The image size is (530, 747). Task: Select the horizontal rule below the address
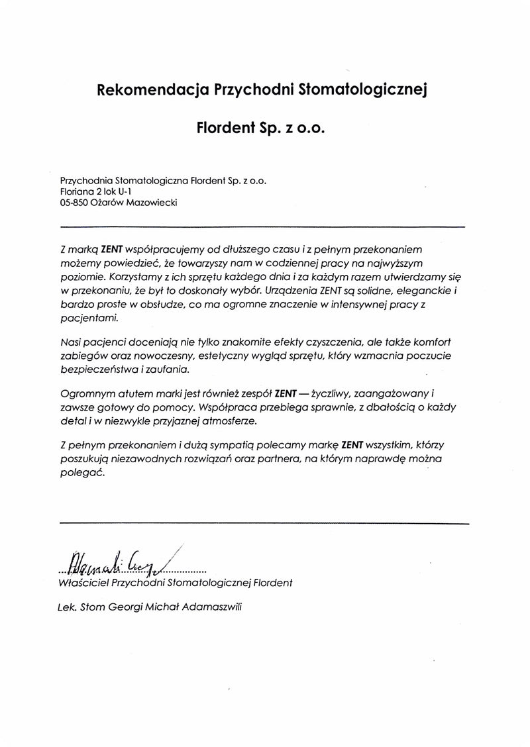pos(264,226)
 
